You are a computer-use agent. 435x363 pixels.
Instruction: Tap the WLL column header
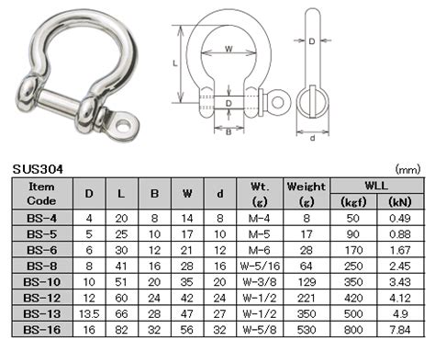tap(378, 184)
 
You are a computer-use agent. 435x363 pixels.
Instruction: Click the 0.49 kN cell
tap(400, 217)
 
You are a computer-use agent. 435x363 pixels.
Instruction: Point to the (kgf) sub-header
tap(355, 200)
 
